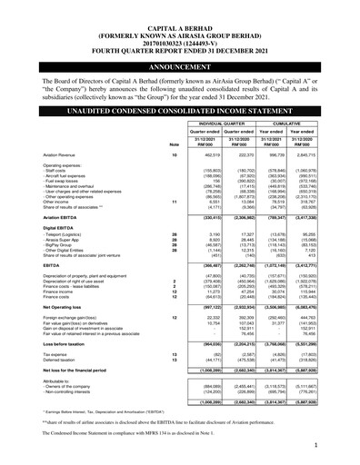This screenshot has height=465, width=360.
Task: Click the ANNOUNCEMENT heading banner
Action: pyautogui.click(x=181, y=67)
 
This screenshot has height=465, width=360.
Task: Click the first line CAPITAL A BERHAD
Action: pyautogui.click(x=180, y=7)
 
